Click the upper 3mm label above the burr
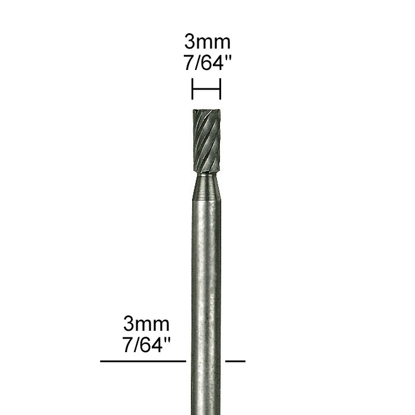click(x=207, y=43)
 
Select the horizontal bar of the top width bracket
click(x=206, y=90)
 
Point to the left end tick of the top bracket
click(x=192, y=90)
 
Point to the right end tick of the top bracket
click(x=221, y=90)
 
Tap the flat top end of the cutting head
click(x=206, y=111)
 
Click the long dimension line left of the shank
click(x=143, y=360)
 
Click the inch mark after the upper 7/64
click(x=225, y=59)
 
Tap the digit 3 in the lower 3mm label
click(x=129, y=325)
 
